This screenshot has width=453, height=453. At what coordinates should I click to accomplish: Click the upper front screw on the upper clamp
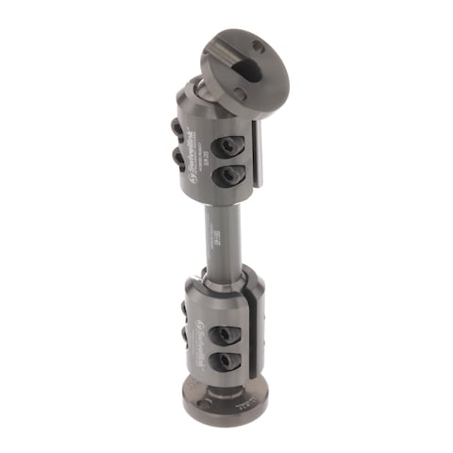pyautogui.click(x=228, y=146)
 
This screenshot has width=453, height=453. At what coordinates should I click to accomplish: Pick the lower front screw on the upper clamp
pyautogui.click(x=226, y=176)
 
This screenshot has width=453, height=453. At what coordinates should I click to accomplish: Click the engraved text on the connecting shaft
pyautogui.click(x=217, y=235)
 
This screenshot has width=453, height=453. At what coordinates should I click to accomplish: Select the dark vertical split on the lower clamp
pyautogui.click(x=251, y=335)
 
